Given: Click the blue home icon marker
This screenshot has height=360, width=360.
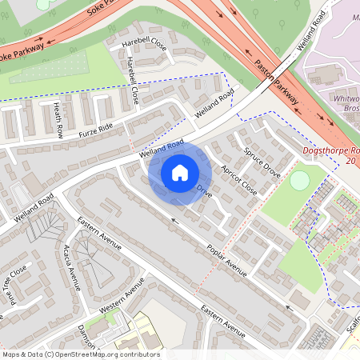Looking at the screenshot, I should (x=179, y=172).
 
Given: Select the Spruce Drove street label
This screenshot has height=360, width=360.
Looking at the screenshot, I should (x=262, y=162).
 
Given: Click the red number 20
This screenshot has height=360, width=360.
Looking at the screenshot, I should (x=350, y=161).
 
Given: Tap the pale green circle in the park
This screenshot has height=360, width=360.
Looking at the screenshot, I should (x=299, y=181).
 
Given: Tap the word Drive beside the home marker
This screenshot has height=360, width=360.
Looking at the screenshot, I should (x=205, y=193).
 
